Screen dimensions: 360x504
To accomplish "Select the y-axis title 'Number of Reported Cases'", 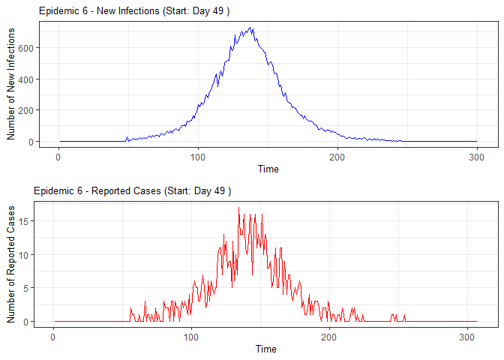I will click(11, 262).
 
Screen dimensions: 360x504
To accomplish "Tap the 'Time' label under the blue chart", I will click(268, 169).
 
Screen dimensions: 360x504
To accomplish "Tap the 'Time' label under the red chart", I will click(265, 349).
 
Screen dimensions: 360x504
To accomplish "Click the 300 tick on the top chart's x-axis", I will click(476, 156).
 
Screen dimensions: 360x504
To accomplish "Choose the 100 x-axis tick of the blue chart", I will click(198, 156).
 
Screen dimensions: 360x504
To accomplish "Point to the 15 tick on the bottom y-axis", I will click(25, 221).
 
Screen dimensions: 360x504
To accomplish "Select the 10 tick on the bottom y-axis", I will click(25, 255).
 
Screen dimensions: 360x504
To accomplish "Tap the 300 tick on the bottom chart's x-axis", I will click(467, 336).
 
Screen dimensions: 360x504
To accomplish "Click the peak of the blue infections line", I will click(251, 28).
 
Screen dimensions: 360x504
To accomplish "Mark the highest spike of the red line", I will click(238, 208).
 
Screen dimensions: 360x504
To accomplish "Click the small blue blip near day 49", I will click(127, 137).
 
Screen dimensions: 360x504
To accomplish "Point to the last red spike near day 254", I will click(404, 316).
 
